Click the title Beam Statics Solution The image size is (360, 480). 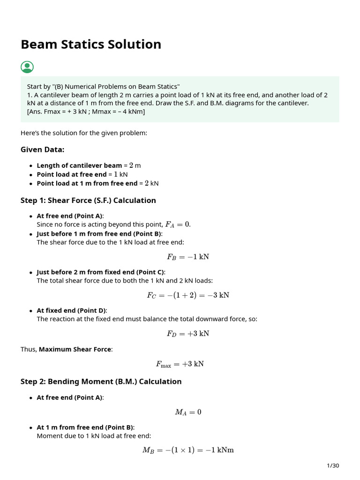point(91,45)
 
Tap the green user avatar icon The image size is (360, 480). point(27,67)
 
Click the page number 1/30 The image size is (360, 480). point(332,465)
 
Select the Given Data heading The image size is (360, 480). point(43,150)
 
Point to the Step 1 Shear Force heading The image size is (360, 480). point(88,201)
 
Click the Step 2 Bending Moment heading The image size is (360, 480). point(101,382)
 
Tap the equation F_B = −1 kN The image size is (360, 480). point(188,257)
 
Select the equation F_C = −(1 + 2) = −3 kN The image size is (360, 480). point(188,295)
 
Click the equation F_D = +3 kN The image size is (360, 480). point(188,334)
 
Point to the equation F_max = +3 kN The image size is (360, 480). point(180,364)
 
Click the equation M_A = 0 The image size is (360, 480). point(188,412)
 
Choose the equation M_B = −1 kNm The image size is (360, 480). point(188,450)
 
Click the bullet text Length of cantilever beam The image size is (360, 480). point(79,165)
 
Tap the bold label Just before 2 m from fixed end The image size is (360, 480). point(101,272)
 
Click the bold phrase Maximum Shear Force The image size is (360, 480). point(75,349)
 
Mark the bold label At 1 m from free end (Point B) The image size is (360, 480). point(85,427)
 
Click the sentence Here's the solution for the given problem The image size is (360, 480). point(84,133)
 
